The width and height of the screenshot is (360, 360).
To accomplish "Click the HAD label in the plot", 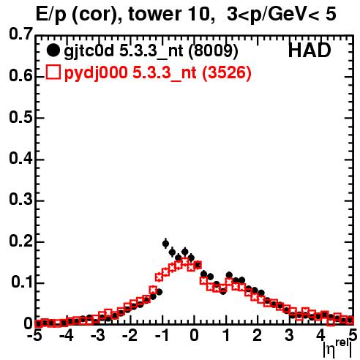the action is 310,50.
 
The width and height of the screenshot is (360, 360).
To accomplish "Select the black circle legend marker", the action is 53,50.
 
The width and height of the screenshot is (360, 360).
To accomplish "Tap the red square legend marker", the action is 53,72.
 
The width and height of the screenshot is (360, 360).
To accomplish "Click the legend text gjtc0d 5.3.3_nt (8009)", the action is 151,51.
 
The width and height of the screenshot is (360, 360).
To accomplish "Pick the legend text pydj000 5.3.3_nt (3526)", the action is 158,73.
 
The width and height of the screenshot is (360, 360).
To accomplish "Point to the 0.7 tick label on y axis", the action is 20,34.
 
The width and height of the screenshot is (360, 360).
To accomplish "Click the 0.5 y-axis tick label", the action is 20,117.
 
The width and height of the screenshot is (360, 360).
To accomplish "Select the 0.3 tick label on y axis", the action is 20,199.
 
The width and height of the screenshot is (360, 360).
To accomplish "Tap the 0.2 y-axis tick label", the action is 20,241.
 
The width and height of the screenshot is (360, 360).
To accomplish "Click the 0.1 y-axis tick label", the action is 22,282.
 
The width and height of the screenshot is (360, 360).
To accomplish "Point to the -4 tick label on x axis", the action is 66,336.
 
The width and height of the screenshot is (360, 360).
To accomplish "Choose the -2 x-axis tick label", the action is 130,336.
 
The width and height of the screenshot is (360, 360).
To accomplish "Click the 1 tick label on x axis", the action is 227,336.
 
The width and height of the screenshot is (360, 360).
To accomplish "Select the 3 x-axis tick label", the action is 289,336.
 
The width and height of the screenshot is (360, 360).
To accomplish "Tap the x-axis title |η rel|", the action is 338,348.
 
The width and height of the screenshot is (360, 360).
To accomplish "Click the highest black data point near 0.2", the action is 165,244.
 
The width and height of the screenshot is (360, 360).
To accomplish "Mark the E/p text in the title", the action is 51,15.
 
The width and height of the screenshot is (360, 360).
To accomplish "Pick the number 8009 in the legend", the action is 214,51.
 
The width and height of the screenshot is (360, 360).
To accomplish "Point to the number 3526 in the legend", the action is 227,73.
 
